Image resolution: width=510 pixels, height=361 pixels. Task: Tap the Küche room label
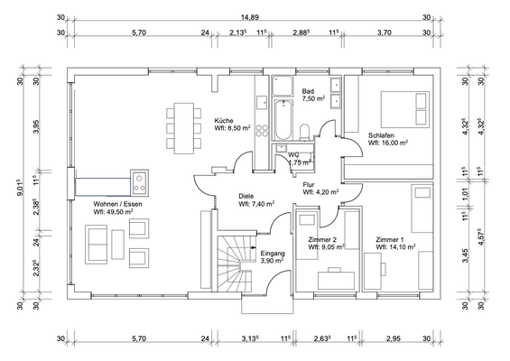tap(226, 120)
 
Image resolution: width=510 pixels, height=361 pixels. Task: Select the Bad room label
tap(308, 91)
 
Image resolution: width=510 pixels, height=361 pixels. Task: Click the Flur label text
tap(309, 184)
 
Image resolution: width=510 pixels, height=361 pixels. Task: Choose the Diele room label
tap(246, 196)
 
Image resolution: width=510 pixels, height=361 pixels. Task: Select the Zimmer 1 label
tap(391, 238)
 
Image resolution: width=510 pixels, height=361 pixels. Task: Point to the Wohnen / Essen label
tap(118, 205)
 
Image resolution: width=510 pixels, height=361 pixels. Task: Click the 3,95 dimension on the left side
tap(38, 127)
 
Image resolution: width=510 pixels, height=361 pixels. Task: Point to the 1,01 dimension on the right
tap(466, 192)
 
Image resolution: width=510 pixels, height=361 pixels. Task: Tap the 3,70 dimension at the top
tap(383, 32)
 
